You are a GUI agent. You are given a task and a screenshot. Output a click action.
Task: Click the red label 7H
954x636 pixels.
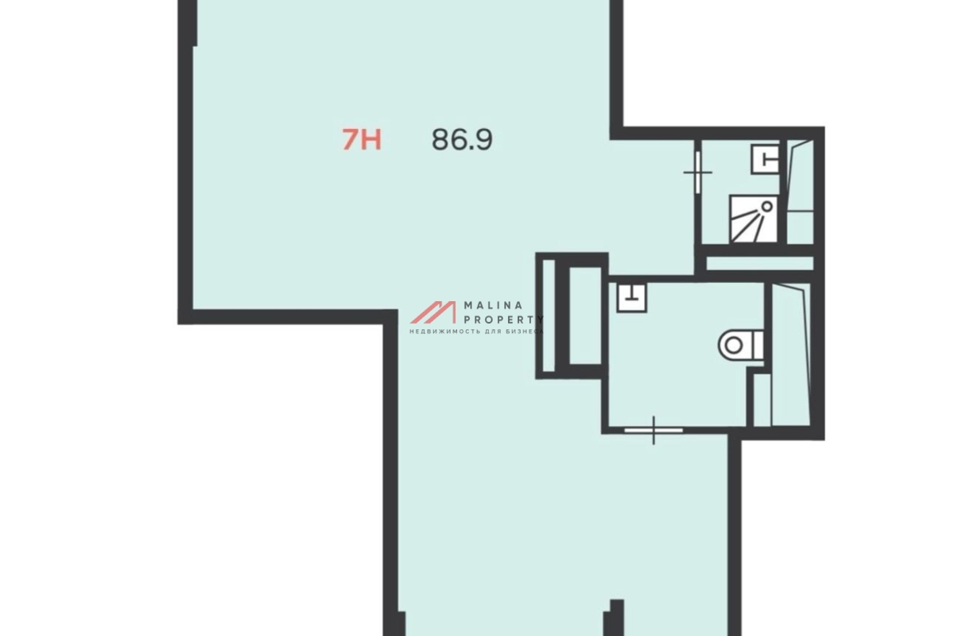tap(362, 139)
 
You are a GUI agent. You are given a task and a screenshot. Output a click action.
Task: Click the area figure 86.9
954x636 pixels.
tap(462, 140)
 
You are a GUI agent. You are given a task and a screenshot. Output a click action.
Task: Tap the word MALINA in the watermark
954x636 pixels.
tap(493, 305)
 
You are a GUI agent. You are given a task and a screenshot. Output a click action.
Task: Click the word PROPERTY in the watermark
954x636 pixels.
tap(504, 320)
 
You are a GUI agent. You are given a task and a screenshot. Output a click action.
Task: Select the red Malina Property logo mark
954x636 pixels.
tap(433, 312)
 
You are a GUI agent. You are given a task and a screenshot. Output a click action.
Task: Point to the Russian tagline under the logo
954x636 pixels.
tap(476, 331)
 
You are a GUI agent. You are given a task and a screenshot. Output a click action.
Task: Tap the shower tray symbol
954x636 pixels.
tap(753, 219)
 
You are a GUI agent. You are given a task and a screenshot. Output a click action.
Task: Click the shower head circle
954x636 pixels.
tap(767, 207)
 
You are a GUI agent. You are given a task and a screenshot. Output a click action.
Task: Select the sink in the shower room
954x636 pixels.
tap(765, 159)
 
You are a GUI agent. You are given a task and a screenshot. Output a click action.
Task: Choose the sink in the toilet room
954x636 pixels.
tap(631, 297)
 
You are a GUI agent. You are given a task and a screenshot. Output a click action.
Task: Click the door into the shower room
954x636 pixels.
tap(698, 173)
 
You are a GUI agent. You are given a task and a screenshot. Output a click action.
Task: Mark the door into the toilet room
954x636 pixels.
tap(653, 431)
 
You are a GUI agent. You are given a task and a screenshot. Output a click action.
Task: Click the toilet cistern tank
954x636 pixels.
tap(758, 346)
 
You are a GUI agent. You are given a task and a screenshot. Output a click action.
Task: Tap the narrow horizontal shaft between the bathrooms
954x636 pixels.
tap(760, 263)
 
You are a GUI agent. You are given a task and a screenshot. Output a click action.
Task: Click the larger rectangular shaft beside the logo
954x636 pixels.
tap(585, 316)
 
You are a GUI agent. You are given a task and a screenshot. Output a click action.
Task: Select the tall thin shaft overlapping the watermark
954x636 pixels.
tap(549, 316)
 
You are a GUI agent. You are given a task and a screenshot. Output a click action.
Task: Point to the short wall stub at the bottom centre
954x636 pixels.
tap(617, 618)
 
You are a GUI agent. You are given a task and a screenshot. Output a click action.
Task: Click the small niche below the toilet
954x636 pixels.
tap(762, 400)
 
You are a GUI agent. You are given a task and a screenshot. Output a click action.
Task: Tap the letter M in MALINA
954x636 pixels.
tap(467, 305)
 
